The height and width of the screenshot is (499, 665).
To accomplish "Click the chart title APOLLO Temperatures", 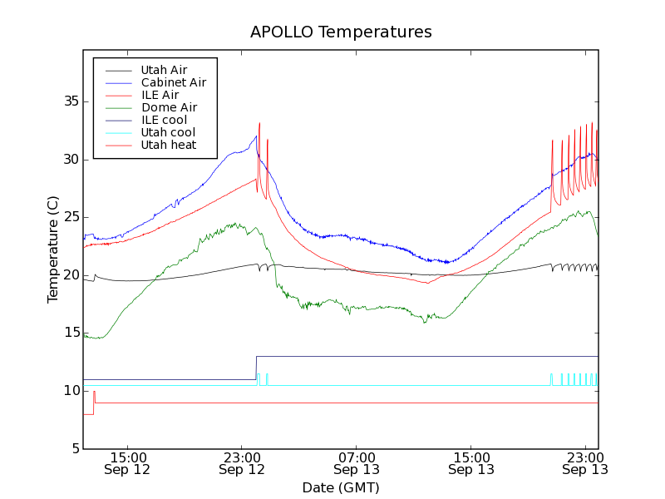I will pos(341,32).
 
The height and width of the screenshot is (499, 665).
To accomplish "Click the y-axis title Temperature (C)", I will pos(53,249).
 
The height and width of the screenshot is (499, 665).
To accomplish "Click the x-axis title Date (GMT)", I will pos(341,487).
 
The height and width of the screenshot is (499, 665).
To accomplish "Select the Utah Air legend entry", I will pos(164,70).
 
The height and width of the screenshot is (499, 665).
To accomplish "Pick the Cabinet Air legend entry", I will pos(173,82).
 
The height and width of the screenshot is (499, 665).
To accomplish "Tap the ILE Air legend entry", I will pos(160,95).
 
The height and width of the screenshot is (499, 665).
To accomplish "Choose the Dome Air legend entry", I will pos(169,107).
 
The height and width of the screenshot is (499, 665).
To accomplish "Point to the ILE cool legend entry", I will pos(164,120).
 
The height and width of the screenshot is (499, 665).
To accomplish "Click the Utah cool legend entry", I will pos(168,132).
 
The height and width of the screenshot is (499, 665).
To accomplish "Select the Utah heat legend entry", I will pos(168,145).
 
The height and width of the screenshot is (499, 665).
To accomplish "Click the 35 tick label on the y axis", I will pos(70,101).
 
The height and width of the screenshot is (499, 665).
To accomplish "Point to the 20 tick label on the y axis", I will pos(70,275).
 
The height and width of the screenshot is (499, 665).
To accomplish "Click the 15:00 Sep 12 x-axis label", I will pos(127,463).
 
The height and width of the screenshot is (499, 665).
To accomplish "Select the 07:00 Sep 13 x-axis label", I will pos(357,463).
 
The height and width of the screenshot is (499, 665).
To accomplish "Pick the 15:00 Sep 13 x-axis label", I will pos(471,463).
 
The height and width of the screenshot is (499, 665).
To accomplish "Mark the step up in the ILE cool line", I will pos(256,368).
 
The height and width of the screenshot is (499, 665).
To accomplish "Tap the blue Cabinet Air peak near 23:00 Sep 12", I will pos(256,136).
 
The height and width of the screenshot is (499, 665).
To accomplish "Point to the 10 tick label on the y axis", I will pos(70,391).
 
